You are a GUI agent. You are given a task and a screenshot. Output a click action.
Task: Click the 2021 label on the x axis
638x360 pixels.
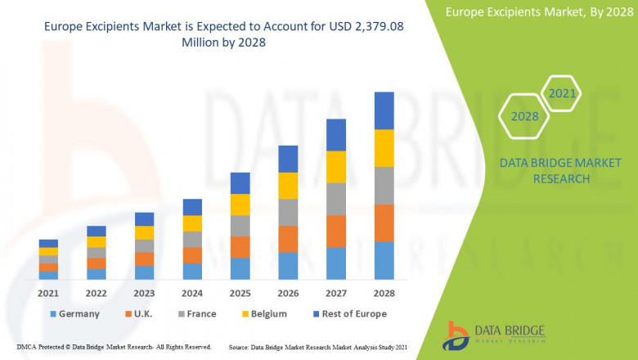point(48,293)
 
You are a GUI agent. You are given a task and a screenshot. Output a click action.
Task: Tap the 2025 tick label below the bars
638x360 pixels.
point(240,293)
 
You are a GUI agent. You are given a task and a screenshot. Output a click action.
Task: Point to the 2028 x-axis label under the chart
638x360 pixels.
point(384,293)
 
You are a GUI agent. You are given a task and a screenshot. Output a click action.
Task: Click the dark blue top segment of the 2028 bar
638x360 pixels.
point(384,110)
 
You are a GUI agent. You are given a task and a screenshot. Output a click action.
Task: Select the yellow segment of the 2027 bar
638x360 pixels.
point(336,167)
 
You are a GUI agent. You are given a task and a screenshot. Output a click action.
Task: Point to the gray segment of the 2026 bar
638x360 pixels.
point(288,212)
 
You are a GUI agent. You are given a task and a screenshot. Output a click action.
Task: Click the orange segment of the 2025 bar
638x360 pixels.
point(240,247)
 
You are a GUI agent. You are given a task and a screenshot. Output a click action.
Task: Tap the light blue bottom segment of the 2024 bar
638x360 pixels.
point(192,272)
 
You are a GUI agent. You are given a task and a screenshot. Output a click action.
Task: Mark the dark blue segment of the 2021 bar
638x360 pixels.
point(48,243)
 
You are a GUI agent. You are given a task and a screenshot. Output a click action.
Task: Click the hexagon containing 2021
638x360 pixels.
point(562,94)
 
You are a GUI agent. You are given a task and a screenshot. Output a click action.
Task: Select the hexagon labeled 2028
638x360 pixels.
point(525,116)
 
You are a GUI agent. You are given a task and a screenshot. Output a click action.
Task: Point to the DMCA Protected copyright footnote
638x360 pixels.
point(114,347)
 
